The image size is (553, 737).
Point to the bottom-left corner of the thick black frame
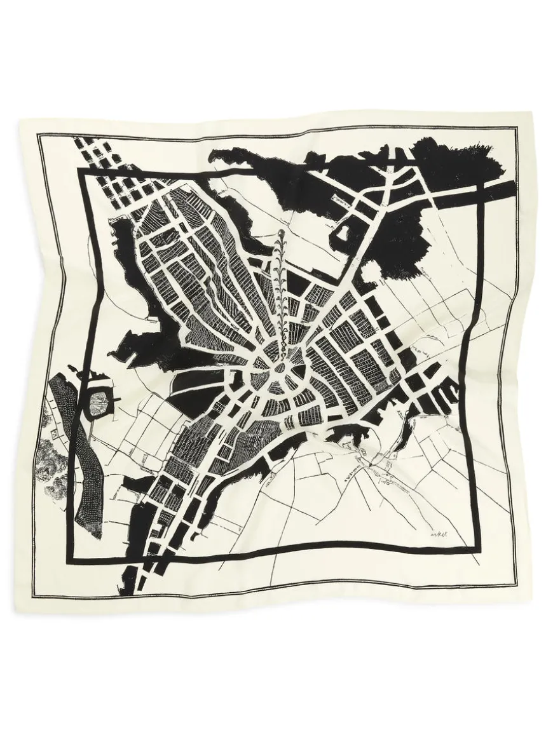click(x=66, y=562)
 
